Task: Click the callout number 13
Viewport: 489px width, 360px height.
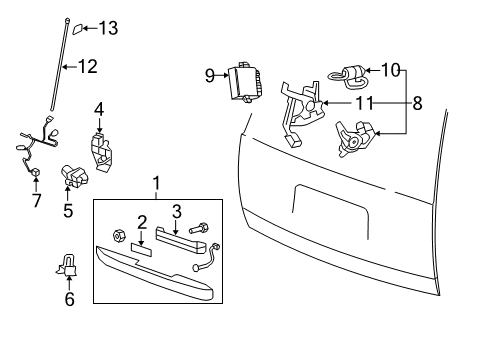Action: (x=108, y=28)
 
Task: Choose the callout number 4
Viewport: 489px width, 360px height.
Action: (x=99, y=108)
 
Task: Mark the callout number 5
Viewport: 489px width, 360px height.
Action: (x=68, y=210)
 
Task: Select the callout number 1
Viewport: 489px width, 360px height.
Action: (x=155, y=184)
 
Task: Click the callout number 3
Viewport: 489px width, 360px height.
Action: (x=176, y=211)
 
